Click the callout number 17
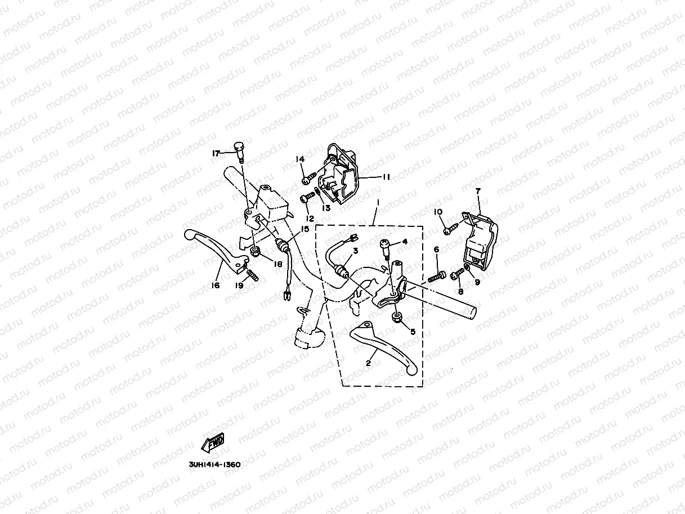coord(216,153)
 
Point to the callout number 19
coord(239,285)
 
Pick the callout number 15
coord(305,229)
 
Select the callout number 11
coord(386,177)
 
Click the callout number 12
coord(308,217)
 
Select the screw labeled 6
coord(436,277)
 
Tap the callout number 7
coord(478,191)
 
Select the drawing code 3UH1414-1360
coord(214,465)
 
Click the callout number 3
coord(355,250)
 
